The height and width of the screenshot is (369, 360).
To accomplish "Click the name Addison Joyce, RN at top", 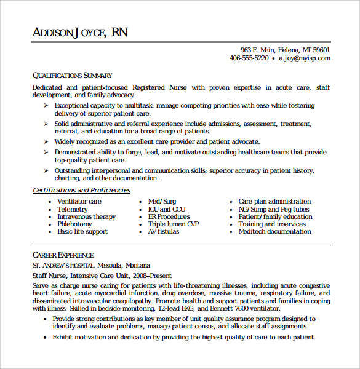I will pos(80,32).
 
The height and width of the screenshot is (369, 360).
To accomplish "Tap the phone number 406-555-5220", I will pos(249,58).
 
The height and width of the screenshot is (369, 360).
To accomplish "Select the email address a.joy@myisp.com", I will pos(304,58).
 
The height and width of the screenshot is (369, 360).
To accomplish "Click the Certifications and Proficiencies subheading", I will pos(81,191).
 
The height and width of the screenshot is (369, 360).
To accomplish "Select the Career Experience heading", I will pos(63,255).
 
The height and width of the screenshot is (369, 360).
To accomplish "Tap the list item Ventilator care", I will pos(79,202).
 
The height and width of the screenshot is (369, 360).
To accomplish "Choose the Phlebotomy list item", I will pos(74,224).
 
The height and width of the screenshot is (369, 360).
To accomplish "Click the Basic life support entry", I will pos(82,232).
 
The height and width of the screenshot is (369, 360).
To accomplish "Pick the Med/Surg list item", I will pos(162,202).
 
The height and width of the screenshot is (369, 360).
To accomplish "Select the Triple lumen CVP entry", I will pos(174,224).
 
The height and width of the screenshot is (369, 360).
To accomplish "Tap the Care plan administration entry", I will pos(274,202).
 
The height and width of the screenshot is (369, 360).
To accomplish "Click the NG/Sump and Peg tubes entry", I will pos(274,209).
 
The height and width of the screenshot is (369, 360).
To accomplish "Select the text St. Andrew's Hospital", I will pos(60,265).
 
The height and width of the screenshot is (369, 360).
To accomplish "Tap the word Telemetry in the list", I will pos(73,209).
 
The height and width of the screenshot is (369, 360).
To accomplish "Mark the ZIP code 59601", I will pos(321,50).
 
